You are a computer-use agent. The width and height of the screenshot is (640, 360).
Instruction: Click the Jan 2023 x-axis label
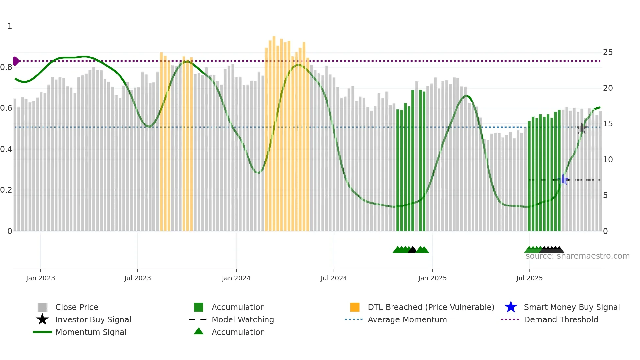tap(40, 278)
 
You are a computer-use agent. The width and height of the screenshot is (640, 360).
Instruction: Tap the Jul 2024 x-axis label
tap(334, 278)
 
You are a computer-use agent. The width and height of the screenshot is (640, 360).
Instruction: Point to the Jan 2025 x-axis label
tap(432, 278)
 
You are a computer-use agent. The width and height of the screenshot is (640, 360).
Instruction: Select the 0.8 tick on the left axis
tap(6, 67)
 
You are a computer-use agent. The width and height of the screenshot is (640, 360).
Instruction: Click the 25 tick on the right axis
tap(608, 52)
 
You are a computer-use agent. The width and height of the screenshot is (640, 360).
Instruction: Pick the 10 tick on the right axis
tap(608, 160)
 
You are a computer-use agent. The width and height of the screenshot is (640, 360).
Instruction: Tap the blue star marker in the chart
tap(563, 180)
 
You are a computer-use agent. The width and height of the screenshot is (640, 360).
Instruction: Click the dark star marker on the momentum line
tap(582, 128)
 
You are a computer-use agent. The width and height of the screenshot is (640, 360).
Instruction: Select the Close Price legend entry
tap(77, 307)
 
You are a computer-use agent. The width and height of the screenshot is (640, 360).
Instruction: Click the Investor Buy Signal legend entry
tap(93, 319)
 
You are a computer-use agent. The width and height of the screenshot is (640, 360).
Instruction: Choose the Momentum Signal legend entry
tap(91, 332)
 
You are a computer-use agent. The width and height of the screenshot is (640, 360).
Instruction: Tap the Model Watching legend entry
tap(243, 319)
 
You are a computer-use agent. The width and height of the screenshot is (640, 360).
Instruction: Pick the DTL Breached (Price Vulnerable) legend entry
tap(431, 307)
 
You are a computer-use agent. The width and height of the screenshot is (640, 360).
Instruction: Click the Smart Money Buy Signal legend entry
tap(571, 307)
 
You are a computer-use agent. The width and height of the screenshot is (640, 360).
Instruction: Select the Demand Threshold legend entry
tap(561, 319)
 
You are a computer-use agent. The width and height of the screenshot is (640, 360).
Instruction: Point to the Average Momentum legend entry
tap(407, 319)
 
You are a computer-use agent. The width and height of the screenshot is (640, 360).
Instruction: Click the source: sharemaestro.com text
tap(577, 256)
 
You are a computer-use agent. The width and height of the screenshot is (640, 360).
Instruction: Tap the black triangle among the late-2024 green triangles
tap(412, 250)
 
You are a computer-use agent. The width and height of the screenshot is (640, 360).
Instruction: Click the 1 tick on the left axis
tap(10, 26)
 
